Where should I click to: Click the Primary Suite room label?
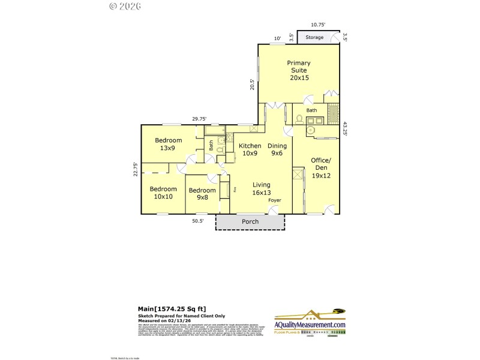coord(298,70)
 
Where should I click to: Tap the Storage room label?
coord(314,38)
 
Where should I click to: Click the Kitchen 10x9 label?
coord(250,149)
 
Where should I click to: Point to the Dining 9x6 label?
coord(277,149)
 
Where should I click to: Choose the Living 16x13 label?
coord(261,188)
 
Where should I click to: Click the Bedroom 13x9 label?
coord(169,144)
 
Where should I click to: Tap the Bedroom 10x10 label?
coord(163,193)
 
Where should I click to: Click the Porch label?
coord(250,222)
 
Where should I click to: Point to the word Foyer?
coord(274,200)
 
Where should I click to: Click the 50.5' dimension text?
coord(198,221)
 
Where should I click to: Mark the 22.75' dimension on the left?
coord(136,169)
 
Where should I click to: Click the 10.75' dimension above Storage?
coord(318,25)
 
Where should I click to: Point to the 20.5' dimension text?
coord(253,85)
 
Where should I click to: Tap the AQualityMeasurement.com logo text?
coord(310,325)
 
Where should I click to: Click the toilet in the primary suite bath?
coord(299,119)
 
